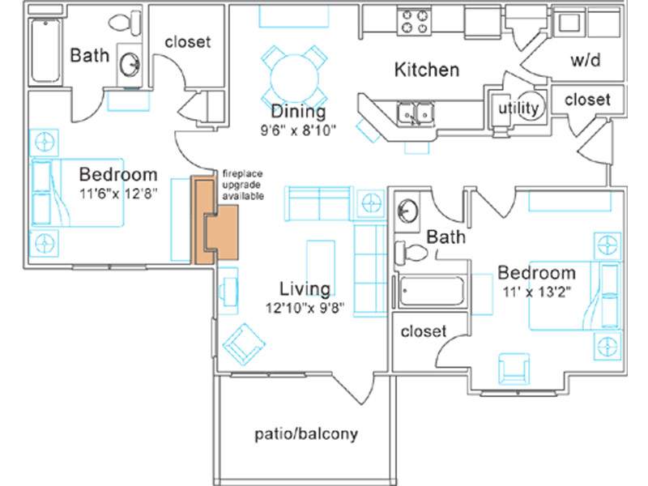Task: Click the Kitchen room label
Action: [x=427, y=70]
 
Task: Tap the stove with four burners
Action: [x=415, y=22]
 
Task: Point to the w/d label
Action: [x=586, y=60]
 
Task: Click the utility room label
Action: [x=518, y=109]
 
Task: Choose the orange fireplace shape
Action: [x=215, y=220]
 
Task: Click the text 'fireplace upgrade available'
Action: [x=243, y=185]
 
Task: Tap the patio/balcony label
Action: [x=306, y=434]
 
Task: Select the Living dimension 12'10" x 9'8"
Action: [x=305, y=308]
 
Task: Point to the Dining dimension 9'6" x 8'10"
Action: [x=298, y=130]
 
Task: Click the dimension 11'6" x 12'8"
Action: [x=118, y=194]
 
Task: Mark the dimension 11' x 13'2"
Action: [x=537, y=292]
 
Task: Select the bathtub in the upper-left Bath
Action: [x=45, y=50]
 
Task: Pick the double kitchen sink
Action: [x=416, y=113]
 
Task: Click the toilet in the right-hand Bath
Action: [x=411, y=252]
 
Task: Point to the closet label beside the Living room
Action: [x=424, y=331]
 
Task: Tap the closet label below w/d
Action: [x=587, y=100]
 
